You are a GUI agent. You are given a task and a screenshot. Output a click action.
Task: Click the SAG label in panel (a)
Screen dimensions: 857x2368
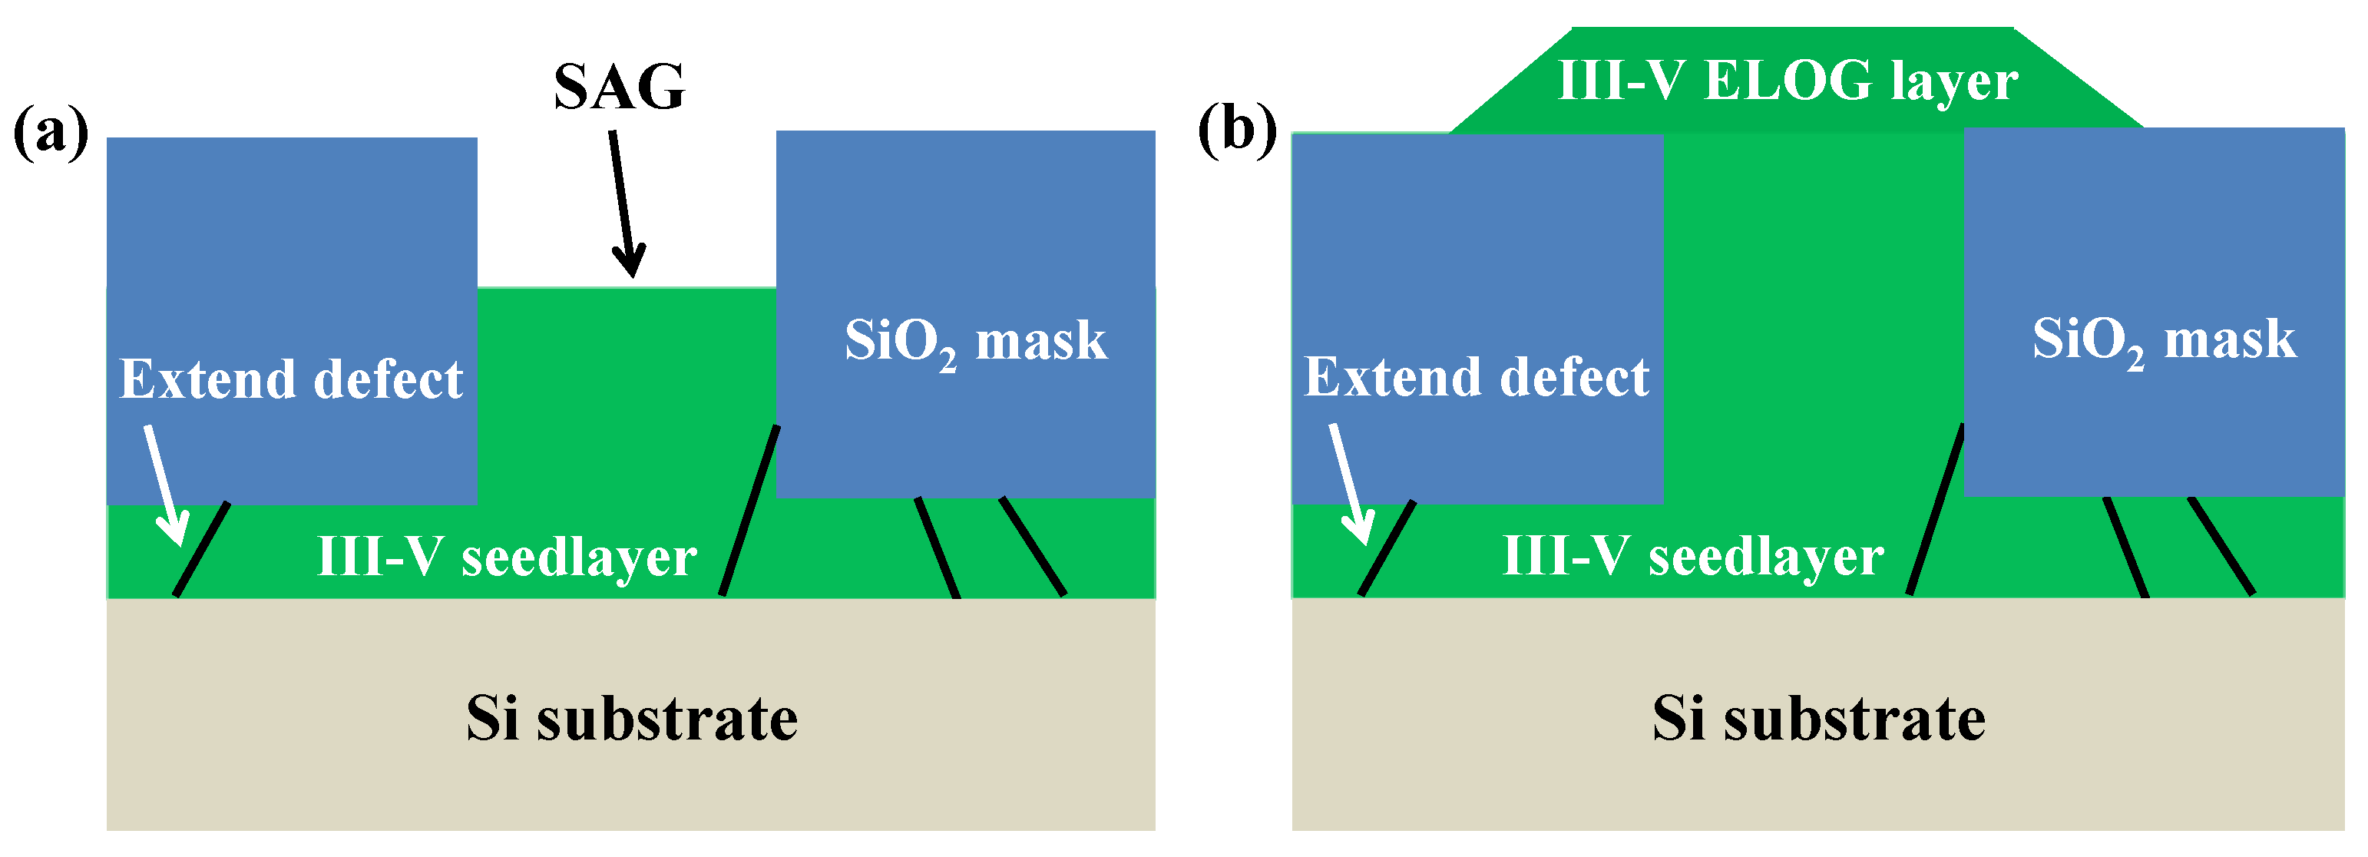click(x=619, y=88)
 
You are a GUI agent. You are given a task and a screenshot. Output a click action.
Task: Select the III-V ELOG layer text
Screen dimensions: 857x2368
click(x=1788, y=81)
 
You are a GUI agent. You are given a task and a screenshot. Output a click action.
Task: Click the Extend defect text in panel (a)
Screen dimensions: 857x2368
click(x=292, y=379)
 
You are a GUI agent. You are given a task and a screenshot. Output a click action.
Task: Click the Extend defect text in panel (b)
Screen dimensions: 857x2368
click(x=1477, y=377)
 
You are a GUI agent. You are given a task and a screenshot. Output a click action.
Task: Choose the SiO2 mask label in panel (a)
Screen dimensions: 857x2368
click(x=975, y=341)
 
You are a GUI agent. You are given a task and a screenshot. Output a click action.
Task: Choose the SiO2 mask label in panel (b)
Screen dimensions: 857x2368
click(x=2163, y=339)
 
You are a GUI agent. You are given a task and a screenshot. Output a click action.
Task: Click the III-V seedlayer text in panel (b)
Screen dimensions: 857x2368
click(x=1692, y=556)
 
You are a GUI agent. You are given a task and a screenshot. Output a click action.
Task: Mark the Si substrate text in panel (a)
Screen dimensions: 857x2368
click(x=631, y=718)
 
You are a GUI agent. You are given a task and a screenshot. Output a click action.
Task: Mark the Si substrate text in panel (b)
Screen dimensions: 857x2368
click(x=1818, y=718)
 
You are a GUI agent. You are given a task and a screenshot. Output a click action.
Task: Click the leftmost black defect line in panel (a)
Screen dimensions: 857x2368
click(x=201, y=549)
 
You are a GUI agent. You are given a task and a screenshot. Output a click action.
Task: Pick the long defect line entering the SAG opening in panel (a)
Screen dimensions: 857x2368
click(x=749, y=511)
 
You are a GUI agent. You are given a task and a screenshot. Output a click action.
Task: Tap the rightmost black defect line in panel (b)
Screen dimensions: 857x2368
click(x=2220, y=546)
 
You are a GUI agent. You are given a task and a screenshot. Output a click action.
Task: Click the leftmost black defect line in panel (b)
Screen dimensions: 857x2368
click(x=1386, y=548)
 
